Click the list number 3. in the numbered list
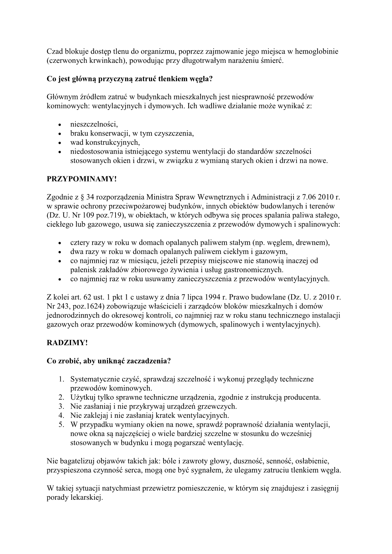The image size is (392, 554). click(61, 406)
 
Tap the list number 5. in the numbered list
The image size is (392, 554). click(61, 424)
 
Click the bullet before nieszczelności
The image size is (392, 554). click(60, 125)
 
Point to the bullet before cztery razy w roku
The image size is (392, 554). click(60, 243)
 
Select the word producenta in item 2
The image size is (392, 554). click(304, 397)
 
